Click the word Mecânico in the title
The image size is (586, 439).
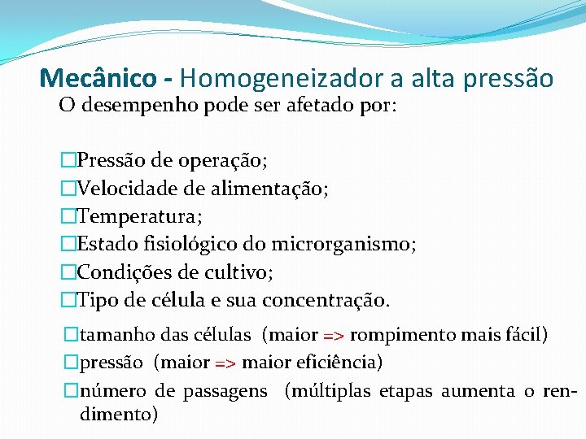[98, 78]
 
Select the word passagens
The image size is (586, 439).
[225, 391]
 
